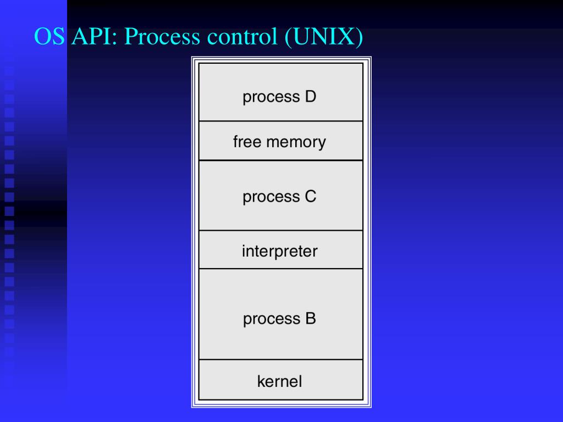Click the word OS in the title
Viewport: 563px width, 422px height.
49,36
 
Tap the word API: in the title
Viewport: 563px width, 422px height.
95,36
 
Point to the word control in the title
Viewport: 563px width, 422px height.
242,37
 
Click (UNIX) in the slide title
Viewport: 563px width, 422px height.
323,37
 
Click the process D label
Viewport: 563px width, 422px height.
279,97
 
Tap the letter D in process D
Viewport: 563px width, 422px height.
311,96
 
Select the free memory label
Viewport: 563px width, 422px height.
279,142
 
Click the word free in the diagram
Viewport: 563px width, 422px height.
247,141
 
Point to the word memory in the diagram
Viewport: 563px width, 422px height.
296,143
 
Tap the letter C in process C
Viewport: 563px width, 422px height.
311,196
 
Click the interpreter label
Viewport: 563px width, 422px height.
280,251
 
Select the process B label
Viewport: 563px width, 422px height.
279,319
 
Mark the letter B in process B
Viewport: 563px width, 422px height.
311,318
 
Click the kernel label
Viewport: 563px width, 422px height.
280,381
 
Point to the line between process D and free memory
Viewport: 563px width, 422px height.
281,121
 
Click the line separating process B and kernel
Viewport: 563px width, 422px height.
281,359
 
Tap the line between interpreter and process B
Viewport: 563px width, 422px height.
281,268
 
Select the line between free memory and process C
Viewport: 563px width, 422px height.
281,160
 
